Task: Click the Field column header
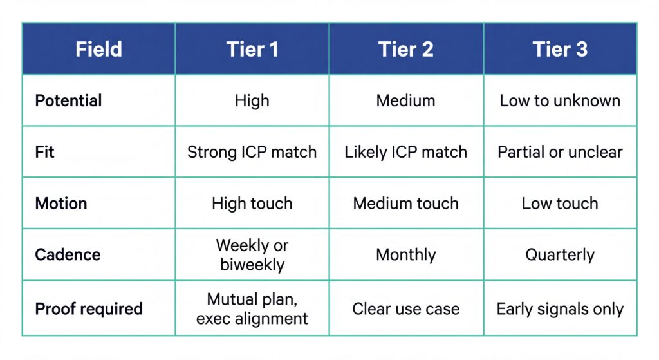coord(98,50)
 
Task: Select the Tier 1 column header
coord(252,50)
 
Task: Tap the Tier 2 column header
coord(406,50)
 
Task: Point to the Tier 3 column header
coord(560,50)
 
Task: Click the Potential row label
coord(68,100)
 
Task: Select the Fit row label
coord(44,152)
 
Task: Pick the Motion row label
coord(61,204)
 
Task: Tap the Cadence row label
coord(68,254)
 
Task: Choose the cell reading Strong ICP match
coord(252,152)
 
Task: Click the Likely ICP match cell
coord(406,152)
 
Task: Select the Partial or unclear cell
coord(560,152)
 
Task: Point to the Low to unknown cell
coord(560,100)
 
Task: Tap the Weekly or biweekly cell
coord(252,254)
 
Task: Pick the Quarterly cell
coord(560,254)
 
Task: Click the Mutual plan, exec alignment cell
coord(252,308)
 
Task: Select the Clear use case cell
coord(406,308)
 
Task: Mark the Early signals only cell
coord(560,308)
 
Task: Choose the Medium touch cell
coord(406,204)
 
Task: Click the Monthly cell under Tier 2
coord(406,254)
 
